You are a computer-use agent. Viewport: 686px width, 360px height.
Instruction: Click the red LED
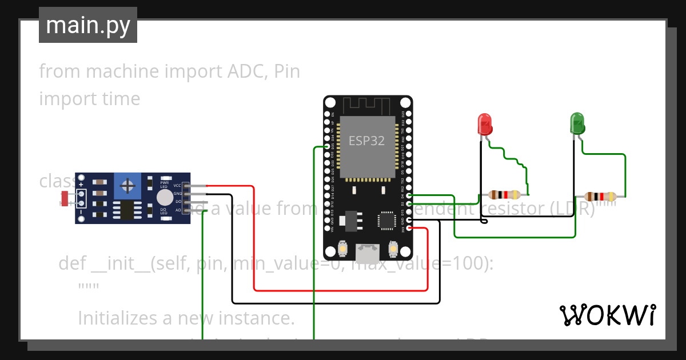(484, 123)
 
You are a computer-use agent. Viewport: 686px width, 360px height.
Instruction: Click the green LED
(577, 123)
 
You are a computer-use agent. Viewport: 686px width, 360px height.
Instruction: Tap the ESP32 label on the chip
(366, 141)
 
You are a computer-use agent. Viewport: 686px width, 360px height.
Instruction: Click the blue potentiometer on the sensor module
(128, 185)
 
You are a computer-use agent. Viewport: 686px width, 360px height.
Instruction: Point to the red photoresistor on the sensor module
(65, 198)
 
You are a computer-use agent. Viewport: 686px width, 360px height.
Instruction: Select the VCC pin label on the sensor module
(177, 186)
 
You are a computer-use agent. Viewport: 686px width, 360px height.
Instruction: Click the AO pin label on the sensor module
(178, 210)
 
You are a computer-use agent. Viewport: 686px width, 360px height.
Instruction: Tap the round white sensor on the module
(165, 197)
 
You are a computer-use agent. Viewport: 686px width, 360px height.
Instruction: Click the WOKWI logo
(607, 315)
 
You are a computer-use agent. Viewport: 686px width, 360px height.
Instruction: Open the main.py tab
(88, 25)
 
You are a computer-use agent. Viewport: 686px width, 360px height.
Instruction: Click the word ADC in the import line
(243, 71)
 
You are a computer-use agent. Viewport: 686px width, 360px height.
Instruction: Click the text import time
(90, 98)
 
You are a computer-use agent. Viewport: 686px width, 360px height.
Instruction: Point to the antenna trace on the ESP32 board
(367, 106)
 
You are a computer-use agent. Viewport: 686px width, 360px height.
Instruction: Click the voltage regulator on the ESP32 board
(348, 220)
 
